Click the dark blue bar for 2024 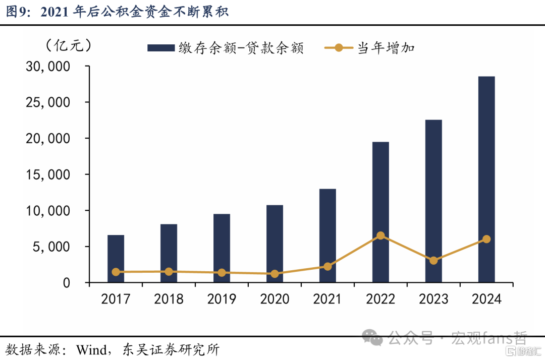pos(486,179)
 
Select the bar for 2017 pos(116,259)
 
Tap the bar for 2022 pos(380,212)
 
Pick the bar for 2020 pos(275,244)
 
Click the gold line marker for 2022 pos(380,235)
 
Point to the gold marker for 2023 pos(433,260)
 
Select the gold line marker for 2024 pos(486,239)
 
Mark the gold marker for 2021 pos(328,266)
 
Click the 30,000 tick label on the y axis pos(48,67)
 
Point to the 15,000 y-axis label pos(48,174)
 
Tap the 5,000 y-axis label pos(51,247)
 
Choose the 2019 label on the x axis pos(222,299)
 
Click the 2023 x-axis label pos(433,299)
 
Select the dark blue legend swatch pos(161,47)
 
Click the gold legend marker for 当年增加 pos(339,47)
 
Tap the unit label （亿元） pos(69,45)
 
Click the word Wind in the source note pos(91,349)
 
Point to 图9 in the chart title pos(17,12)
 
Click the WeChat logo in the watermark pos(372,337)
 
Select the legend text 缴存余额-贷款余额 pos(241,48)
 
